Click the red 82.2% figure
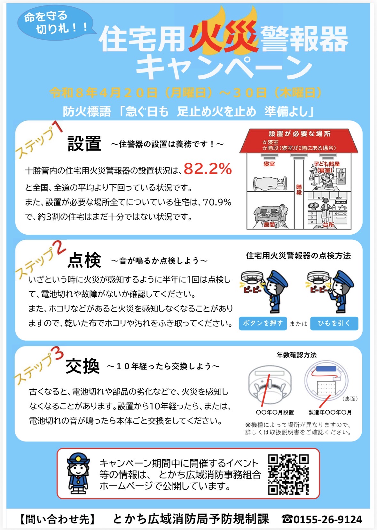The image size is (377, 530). [208, 169]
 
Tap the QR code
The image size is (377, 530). [288, 474]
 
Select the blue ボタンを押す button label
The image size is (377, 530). [263, 323]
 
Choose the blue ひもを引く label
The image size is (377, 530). [334, 323]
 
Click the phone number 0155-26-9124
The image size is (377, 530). [328, 519]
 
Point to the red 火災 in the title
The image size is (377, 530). [223, 37]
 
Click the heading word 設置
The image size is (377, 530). [84, 144]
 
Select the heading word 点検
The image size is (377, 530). [84, 260]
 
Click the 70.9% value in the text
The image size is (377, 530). [217, 202]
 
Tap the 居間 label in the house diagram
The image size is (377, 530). [269, 224]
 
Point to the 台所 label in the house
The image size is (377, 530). [328, 225]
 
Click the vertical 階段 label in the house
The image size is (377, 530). [299, 190]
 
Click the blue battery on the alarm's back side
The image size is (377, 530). [326, 369]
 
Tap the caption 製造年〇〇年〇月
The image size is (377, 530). [330, 412]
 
